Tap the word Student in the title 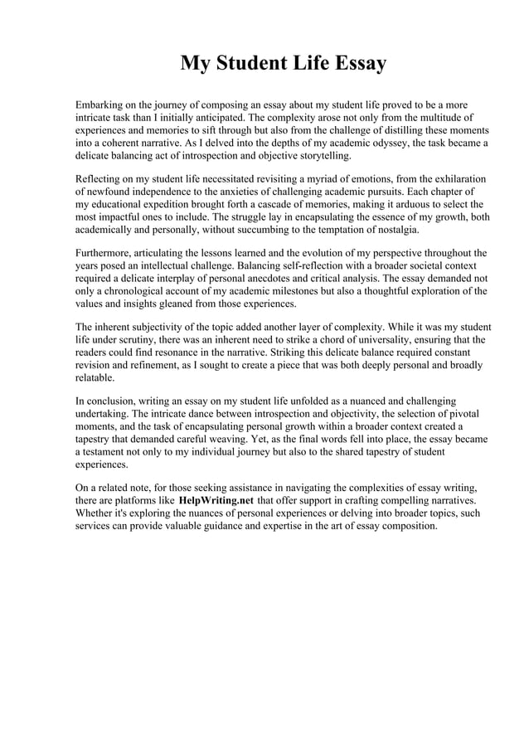tap(255, 63)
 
